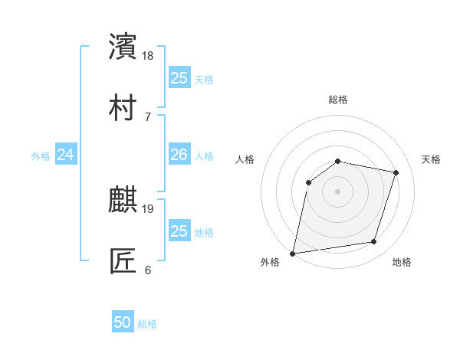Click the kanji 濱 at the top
tap(123, 47)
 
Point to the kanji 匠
tap(123, 261)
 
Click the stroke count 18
tap(149, 56)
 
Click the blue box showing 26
tap(179, 155)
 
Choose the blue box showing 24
tap(66, 155)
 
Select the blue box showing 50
tap(123, 323)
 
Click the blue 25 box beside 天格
tap(179, 78)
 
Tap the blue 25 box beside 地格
tap(179, 231)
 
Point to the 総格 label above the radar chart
tap(338, 100)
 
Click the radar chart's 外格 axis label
tap(270, 262)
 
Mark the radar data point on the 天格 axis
tap(396, 172)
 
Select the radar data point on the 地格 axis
tap(374, 242)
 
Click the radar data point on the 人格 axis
tap(309, 182)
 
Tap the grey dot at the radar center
tap(338, 191)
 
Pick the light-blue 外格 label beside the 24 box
tap(41, 156)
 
